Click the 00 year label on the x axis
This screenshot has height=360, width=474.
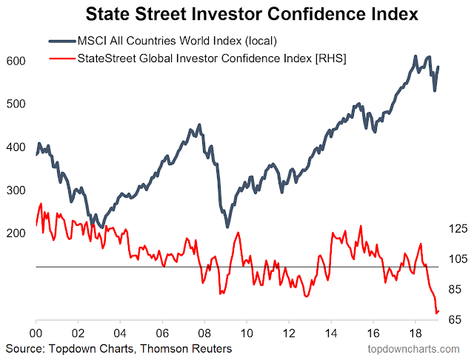(36, 333)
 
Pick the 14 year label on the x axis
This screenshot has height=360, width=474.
(328, 333)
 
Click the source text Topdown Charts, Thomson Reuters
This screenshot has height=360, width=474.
(118, 348)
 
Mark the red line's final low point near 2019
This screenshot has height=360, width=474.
(436, 313)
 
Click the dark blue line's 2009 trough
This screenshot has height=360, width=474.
(227, 227)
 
